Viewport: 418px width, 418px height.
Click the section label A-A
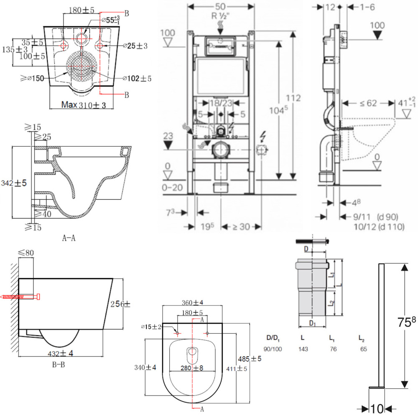(69, 239)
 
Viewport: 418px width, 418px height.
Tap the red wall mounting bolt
(20, 297)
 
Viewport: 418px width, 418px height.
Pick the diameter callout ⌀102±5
(137, 78)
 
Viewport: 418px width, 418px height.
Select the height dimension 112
(293, 98)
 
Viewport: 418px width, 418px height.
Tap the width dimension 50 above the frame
(221, 7)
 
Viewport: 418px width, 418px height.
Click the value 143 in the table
(303, 349)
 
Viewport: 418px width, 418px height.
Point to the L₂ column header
(362, 337)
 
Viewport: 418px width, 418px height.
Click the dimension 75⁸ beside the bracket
(407, 322)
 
